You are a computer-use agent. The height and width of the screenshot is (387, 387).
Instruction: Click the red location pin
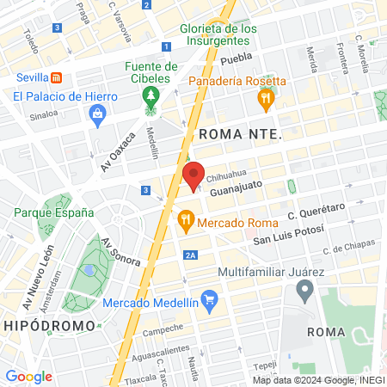pyautogui.click(x=193, y=175)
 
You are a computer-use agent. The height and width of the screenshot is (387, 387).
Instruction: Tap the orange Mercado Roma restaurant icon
pyautogui.click(x=184, y=221)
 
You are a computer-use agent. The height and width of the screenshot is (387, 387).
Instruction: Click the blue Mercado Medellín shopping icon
pyautogui.click(x=214, y=302)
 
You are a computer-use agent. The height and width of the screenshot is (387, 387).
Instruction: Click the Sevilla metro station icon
pyautogui.click(x=56, y=77)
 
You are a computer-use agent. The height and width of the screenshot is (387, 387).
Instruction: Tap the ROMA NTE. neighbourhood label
pyautogui.click(x=240, y=135)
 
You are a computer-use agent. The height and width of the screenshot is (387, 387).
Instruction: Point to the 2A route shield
pyautogui.click(x=191, y=255)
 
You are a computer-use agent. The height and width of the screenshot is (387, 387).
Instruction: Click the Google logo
pyautogui.click(x=28, y=376)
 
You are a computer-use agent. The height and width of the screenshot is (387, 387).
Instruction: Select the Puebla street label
pyautogui.click(x=235, y=60)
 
